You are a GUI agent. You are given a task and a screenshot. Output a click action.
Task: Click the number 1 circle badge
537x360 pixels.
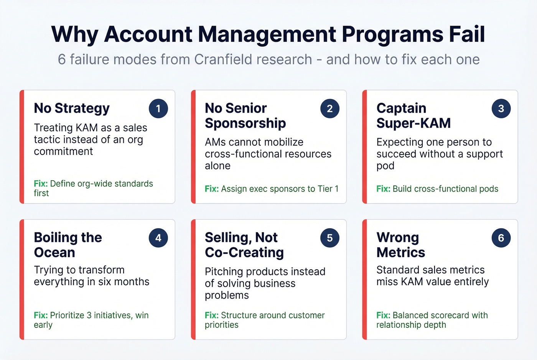pos(158,108)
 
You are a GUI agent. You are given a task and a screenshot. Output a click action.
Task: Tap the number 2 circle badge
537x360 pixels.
pos(329,108)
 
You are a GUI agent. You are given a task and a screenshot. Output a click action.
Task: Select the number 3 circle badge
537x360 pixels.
pos(501,108)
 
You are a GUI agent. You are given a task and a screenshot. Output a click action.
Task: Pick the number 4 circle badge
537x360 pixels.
pos(158,238)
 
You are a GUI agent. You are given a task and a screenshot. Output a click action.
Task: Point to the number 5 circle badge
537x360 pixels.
pos(329,238)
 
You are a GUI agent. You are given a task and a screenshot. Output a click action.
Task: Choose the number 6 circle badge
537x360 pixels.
pos(501,238)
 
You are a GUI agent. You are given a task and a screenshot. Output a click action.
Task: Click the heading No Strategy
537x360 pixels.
pos(72,108)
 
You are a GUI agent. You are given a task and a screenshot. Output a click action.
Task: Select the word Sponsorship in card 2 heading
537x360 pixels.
pos(245,123)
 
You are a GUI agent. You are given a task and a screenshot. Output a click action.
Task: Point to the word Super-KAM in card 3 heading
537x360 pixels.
pos(413,123)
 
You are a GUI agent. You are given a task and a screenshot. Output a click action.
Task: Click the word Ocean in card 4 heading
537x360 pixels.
pos(54,252)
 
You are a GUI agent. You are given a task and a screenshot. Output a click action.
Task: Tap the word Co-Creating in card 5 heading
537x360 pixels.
pos(244,252)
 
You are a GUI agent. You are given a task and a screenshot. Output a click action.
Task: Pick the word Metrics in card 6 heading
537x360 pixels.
pos(400,252)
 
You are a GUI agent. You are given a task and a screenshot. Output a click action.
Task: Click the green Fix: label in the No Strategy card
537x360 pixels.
pos(41,184)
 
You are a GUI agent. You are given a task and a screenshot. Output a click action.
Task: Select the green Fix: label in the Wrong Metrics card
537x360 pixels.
pos(383,315)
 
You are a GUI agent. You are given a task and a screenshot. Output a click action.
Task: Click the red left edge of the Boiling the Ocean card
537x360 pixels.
pos(22,279)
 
